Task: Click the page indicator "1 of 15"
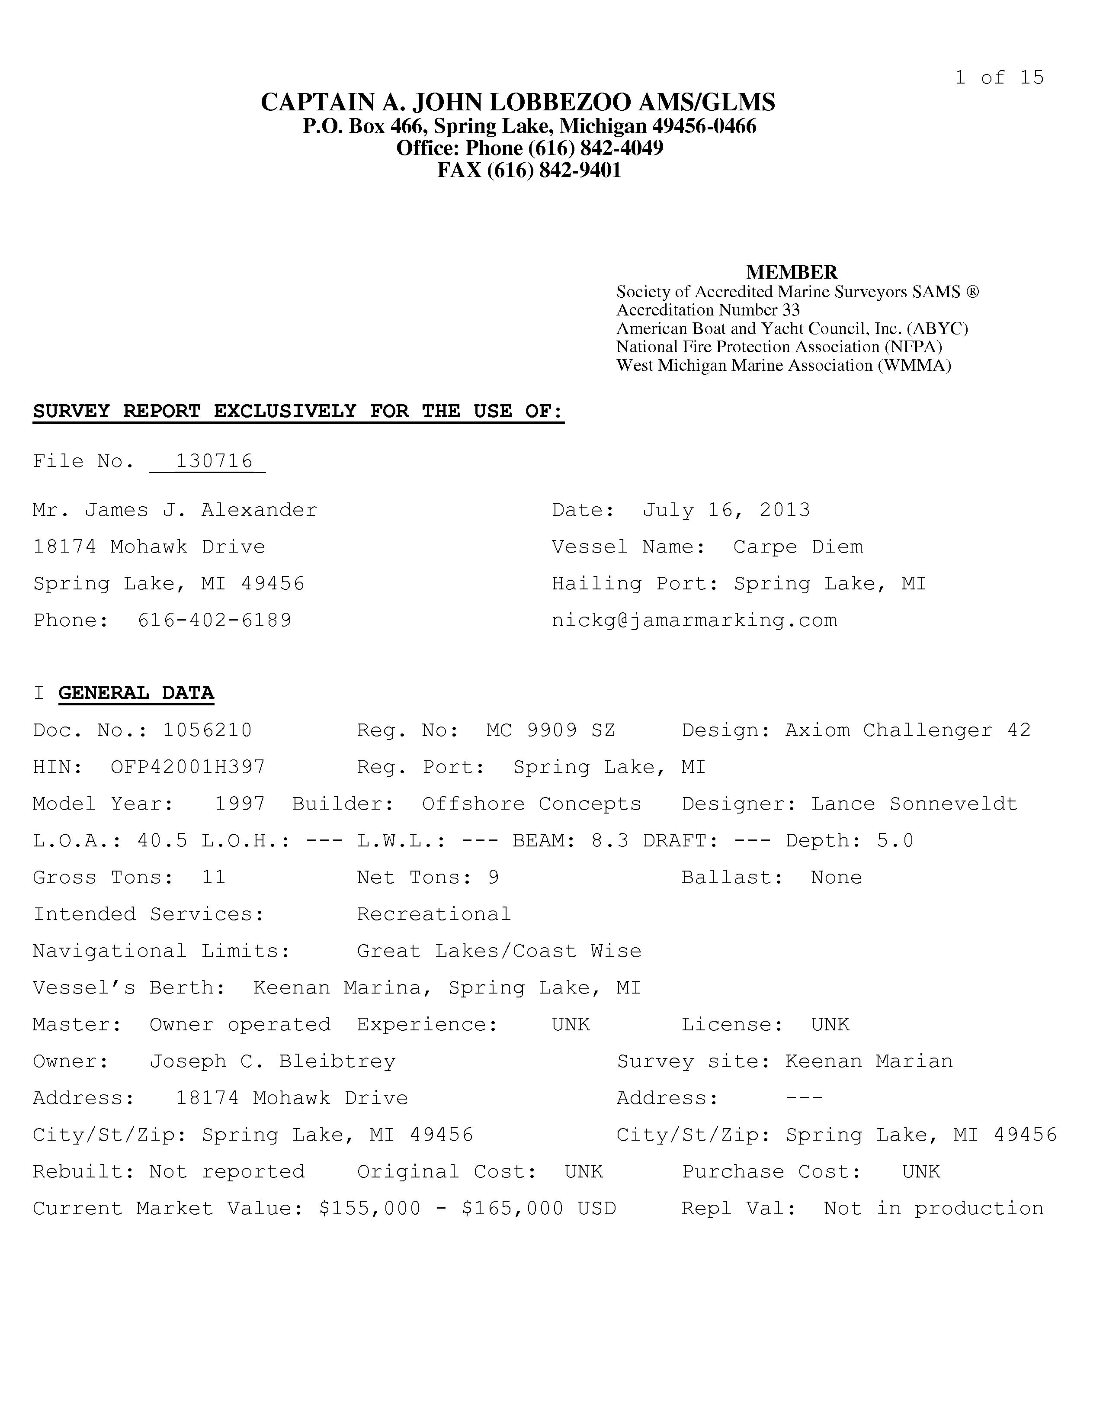(x=999, y=78)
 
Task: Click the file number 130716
(x=214, y=461)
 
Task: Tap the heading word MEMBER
(x=791, y=272)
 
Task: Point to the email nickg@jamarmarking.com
(x=694, y=620)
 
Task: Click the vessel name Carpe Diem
(x=798, y=547)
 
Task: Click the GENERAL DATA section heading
(x=136, y=693)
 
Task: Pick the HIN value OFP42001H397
(x=188, y=767)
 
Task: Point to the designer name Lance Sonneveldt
(x=914, y=804)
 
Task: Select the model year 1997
(x=240, y=804)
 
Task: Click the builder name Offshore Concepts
(x=531, y=804)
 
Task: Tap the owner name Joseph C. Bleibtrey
(x=273, y=1061)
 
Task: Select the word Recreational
(x=434, y=914)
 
